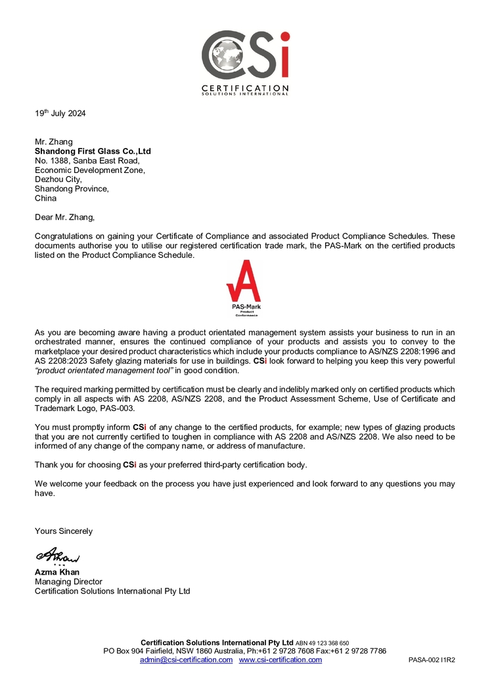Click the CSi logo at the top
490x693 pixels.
pyautogui.click(x=244, y=61)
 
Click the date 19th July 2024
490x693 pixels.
pyautogui.click(x=60, y=113)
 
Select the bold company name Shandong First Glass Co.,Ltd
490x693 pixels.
pyautogui.click(x=93, y=151)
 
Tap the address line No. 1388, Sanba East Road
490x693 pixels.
pyautogui.click(x=87, y=160)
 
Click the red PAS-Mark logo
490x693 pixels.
pyautogui.click(x=244, y=288)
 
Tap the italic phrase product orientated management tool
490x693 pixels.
pyautogui.click(x=104, y=371)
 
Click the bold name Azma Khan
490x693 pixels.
pyautogui.click(x=57, y=572)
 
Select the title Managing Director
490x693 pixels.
pyautogui.click(x=68, y=581)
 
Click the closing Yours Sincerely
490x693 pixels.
pyautogui.click(x=64, y=531)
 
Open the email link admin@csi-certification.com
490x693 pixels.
pyautogui.click(x=186, y=659)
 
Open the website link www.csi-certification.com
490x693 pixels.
pyautogui.click(x=280, y=659)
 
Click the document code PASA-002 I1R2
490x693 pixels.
pyautogui.click(x=432, y=659)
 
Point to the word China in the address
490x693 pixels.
pyautogui.click(x=45, y=198)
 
